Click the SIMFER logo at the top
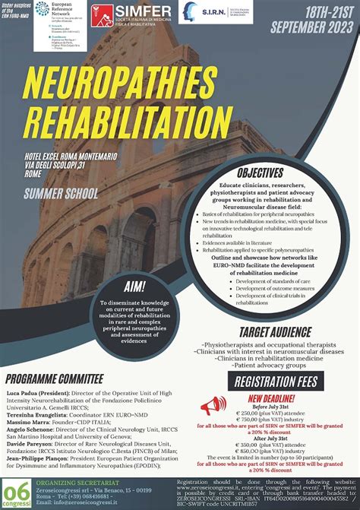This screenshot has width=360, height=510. coord(132,15)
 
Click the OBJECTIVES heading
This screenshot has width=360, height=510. coord(260,173)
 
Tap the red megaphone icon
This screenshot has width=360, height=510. coord(213,407)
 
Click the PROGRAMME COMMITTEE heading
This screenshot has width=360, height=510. coord(54,379)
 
